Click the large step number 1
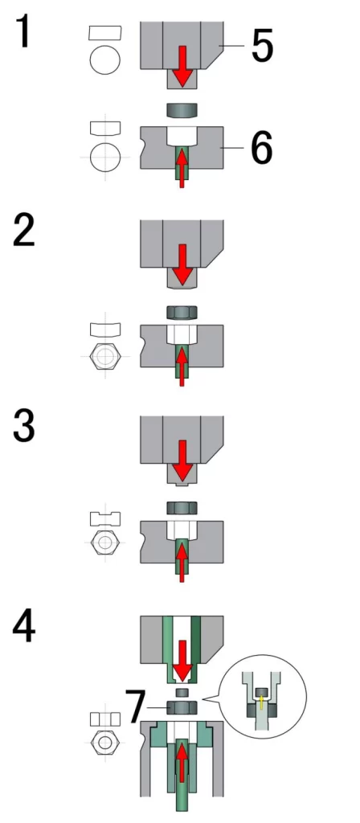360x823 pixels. (23, 31)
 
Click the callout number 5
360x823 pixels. (263, 45)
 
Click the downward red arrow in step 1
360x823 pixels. (182, 66)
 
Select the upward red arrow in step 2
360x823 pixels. (182, 366)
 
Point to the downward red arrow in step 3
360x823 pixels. (182, 461)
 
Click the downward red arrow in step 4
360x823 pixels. (182, 661)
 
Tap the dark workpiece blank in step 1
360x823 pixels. (182, 110)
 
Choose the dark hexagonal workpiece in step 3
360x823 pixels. (182, 508)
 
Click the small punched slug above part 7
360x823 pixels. (182, 691)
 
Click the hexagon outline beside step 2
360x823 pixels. (105, 356)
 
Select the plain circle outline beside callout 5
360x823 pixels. (105, 59)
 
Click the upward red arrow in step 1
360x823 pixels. (182, 167)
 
